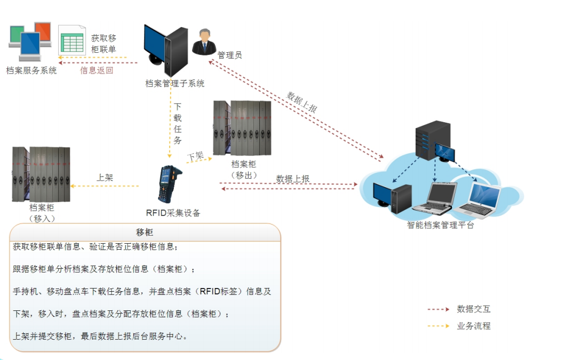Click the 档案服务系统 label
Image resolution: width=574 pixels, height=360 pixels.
[31, 70]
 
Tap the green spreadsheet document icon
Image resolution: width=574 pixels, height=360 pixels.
[71, 39]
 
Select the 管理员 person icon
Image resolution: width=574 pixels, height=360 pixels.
[203, 42]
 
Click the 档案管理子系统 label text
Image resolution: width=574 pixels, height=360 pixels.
[174, 84]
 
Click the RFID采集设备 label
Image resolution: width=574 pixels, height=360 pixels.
[173, 213]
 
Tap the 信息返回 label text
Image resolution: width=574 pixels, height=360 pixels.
[97, 70]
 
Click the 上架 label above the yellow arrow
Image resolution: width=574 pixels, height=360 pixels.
[105, 178]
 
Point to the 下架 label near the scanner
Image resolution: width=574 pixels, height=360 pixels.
[195, 156]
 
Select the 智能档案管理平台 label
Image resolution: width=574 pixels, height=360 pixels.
[440, 225]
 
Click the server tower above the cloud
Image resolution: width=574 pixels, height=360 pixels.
[432, 141]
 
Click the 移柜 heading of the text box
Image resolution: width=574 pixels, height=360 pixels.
[145, 232]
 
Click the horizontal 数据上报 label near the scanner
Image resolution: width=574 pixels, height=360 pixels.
[293, 179]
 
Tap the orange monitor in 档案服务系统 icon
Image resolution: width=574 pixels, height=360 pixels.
[43, 31]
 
